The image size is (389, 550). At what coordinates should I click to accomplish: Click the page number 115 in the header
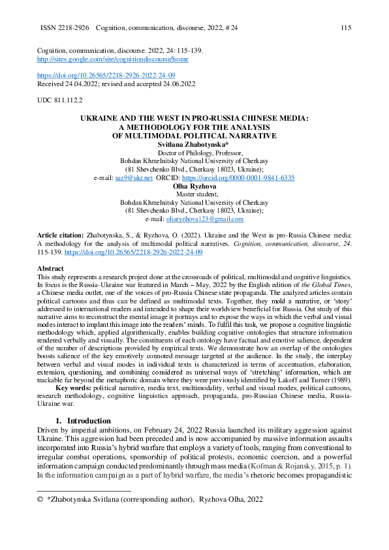pyautogui.click(x=346, y=28)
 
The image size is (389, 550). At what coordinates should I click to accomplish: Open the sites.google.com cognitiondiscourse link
pyautogui.click(x=113, y=59)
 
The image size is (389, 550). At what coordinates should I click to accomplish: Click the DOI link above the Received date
pyautogui.click(x=106, y=76)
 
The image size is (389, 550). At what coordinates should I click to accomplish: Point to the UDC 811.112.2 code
pyautogui.click(x=60, y=101)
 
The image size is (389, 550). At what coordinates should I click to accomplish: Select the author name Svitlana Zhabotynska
pyautogui.click(x=194, y=144)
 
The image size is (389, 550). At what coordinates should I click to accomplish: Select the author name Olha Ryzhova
pyautogui.click(x=194, y=186)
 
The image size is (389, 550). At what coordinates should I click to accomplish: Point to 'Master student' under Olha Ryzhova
pyautogui.click(x=194, y=194)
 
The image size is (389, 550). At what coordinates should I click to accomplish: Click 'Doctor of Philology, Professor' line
pyautogui.click(x=194, y=152)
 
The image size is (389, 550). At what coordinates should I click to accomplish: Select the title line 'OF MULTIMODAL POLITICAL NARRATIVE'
pyautogui.click(x=194, y=136)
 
